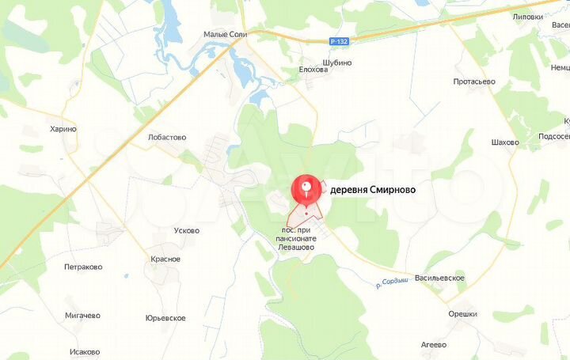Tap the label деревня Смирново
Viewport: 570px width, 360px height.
point(371,190)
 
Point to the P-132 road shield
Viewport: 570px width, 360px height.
point(340,40)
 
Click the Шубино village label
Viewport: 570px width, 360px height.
point(336,63)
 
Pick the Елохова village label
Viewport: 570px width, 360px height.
point(313,69)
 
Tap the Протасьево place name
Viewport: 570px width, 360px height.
point(474,81)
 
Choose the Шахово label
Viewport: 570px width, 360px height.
point(505,142)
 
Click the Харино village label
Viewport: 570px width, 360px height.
point(63,129)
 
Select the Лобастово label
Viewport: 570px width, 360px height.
point(167,137)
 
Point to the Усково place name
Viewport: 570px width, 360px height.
point(186,231)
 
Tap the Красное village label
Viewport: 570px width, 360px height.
point(165,259)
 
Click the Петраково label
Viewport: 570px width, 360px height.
point(83,267)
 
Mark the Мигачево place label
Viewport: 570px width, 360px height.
point(83,315)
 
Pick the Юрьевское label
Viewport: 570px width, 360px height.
point(165,318)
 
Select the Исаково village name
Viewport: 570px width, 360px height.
point(85,351)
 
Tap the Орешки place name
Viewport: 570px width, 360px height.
point(462,313)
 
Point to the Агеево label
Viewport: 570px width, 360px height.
point(433,344)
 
